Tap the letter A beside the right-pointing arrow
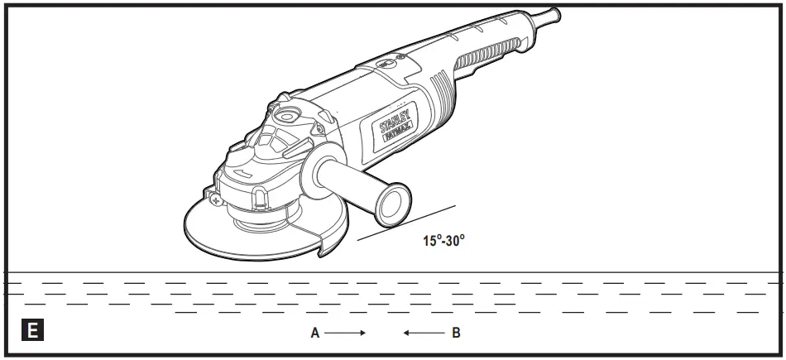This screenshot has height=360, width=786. coord(314,334)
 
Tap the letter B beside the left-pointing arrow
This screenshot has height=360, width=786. coord(456,334)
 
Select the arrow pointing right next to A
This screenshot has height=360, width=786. coord(345,334)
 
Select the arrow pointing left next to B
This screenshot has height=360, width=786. coord(423,334)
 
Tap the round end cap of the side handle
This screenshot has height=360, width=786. coord(396,204)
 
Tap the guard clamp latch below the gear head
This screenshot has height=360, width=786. coord(257,197)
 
